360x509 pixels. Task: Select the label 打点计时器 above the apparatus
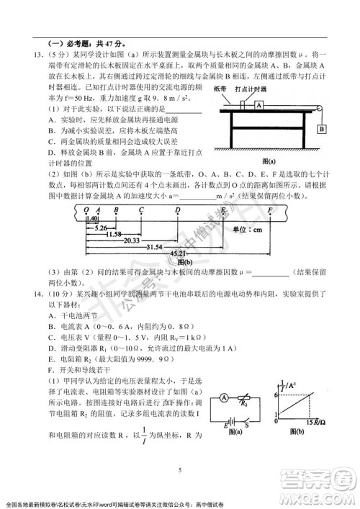[x=253, y=89]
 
